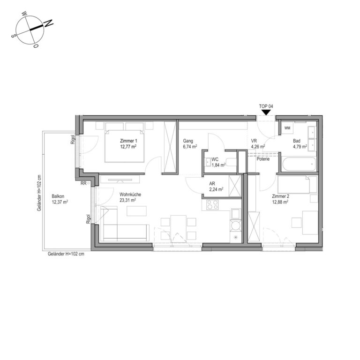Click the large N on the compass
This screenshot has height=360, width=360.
tap(48, 23)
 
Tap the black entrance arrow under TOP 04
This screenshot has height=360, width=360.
tap(266, 112)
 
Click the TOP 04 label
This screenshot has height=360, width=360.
tap(266, 106)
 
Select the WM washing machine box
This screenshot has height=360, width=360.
tap(287, 128)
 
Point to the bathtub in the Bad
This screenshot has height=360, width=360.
tap(299, 164)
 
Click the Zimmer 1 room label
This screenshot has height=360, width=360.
tap(128, 141)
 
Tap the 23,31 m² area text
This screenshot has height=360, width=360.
tap(127, 200)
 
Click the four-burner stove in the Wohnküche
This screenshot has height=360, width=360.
tap(212, 205)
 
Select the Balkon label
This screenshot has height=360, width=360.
tap(58, 196)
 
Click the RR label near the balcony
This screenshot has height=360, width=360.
tap(83, 183)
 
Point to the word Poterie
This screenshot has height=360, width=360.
tap(263, 159)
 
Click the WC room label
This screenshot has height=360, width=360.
tap(215, 159)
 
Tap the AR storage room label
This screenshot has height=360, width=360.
tap(212, 184)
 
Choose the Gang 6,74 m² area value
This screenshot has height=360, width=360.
tap(190, 147)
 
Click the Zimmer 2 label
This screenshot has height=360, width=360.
tap(281, 196)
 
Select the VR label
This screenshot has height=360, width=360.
tap(254, 141)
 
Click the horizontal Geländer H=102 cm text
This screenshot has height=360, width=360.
tap(66, 254)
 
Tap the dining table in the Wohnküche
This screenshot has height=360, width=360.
tap(179, 228)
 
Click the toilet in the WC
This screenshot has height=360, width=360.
tap(231, 162)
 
